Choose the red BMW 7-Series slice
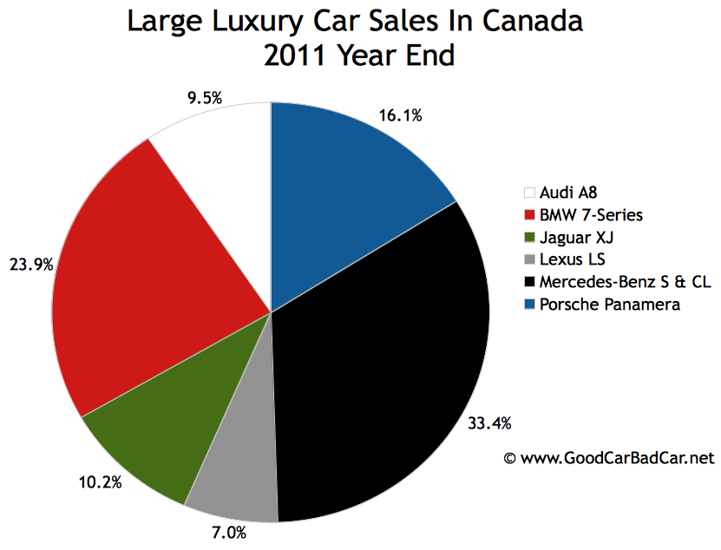(x=147, y=278)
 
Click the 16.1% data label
(x=400, y=115)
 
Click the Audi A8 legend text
(x=567, y=193)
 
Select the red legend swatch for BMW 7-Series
(x=529, y=214)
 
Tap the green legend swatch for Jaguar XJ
(x=529, y=237)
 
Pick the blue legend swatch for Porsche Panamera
(x=529, y=304)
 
